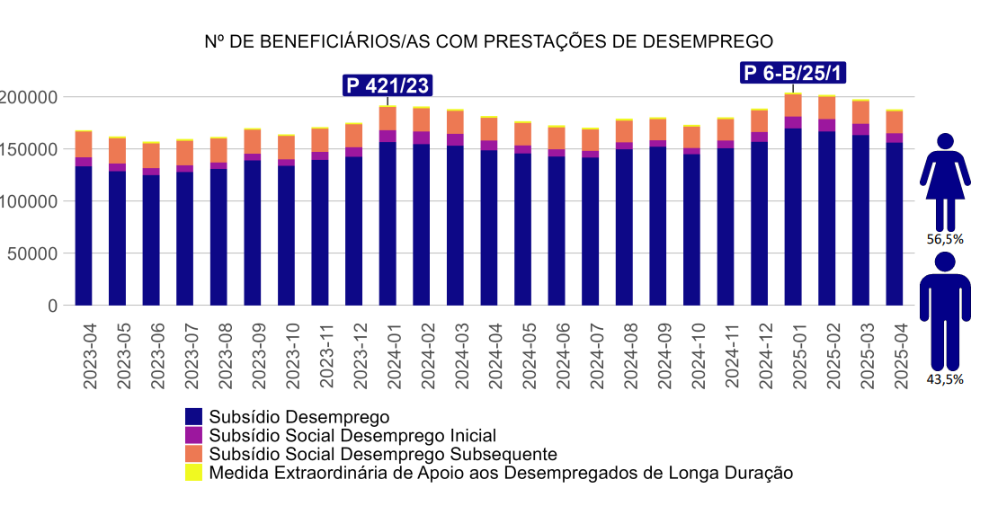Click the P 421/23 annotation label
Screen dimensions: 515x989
(388, 85)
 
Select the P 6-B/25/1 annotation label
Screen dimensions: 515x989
(793, 73)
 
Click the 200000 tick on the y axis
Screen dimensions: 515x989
(30, 97)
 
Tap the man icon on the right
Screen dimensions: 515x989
(944, 310)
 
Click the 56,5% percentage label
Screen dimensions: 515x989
(945, 239)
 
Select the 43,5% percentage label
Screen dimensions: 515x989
(945, 379)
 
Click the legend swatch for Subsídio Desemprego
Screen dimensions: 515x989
(193, 416)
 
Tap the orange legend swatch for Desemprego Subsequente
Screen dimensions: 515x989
(193, 454)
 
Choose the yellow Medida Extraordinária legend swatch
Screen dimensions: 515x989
(193, 473)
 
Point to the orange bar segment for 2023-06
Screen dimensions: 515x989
(151, 155)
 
